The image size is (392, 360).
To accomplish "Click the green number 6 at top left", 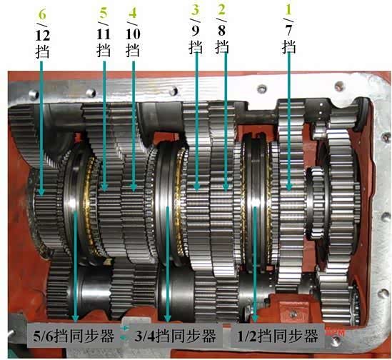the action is (x=42, y=15).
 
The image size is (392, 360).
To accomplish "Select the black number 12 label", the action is (x=43, y=36).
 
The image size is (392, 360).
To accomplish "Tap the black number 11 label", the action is (x=104, y=34).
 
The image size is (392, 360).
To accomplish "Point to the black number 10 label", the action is (x=133, y=34).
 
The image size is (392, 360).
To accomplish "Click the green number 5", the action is (x=104, y=13).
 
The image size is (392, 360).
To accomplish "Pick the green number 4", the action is (x=133, y=13).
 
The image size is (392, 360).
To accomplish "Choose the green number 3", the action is (x=195, y=9).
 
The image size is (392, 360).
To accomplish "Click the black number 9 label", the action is (x=195, y=31).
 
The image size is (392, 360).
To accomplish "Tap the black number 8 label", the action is (x=222, y=31).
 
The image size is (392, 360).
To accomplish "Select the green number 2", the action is (x=222, y=9).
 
